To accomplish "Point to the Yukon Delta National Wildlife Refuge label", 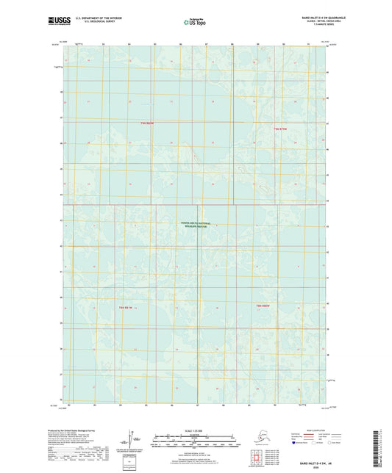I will click(x=196, y=225).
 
